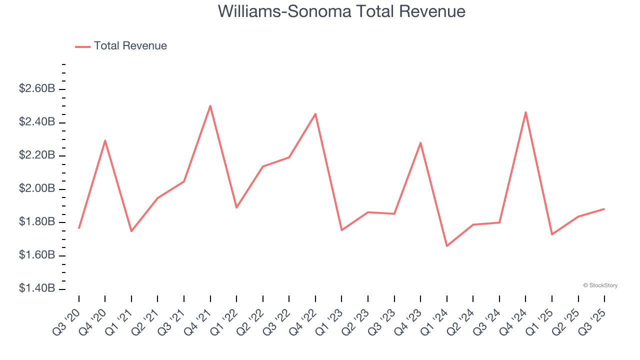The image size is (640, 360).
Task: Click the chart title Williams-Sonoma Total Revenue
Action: coord(341,11)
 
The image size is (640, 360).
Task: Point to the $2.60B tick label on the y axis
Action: coord(37,89)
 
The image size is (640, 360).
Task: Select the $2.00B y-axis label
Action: coord(37,189)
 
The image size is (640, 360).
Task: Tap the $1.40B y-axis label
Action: coord(37,289)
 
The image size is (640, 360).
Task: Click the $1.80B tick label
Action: coord(37,222)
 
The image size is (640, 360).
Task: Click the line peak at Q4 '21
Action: coord(210,105)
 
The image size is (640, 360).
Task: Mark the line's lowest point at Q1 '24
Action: coord(446,246)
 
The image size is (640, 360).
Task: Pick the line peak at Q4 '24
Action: coord(525,112)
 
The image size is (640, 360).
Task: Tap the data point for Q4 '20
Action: coord(105,140)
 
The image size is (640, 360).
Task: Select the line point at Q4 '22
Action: coord(315,114)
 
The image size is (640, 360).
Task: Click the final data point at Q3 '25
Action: coord(604,209)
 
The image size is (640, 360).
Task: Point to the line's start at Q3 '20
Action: coord(79,228)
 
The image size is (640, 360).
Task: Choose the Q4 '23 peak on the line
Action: coord(420,143)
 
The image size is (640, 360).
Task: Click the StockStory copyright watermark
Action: coord(600,285)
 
